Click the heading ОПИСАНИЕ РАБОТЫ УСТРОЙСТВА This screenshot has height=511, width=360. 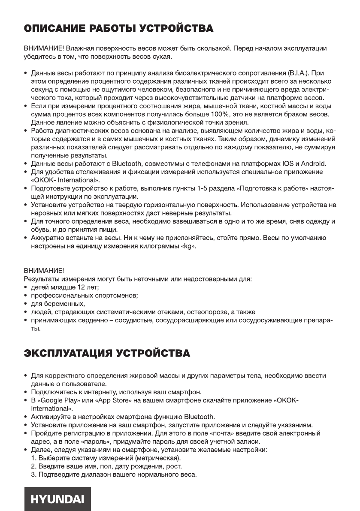pos(118,29)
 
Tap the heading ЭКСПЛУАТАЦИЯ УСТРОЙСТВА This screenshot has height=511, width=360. pos(106,354)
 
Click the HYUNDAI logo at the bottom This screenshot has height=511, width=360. pos(57,499)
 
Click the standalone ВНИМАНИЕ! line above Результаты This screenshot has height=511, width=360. pos(43,271)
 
